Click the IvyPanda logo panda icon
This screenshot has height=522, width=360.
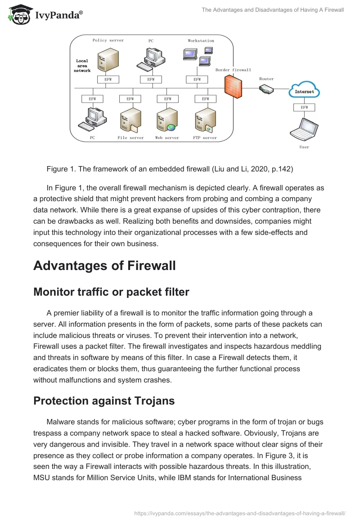pyautogui.click(x=18, y=13)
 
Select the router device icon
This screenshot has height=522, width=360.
pyautogui.click(x=266, y=89)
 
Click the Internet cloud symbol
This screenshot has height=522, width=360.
pyautogui.click(x=304, y=90)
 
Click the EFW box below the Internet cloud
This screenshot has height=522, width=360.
pyautogui.click(x=304, y=108)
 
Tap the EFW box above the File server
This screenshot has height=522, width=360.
pyautogui.click(x=130, y=99)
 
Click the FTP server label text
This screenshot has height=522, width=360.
pyautogui.click(x=205, y=138)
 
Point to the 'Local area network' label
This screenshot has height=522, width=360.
pyautogui.click(x=82, y=66)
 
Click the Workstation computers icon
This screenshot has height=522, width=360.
pyautogui.click(x=198, y=57)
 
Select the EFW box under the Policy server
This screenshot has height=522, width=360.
pyautogui.click(x=108, y=80)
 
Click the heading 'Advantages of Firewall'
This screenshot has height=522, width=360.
pyautogui.click(x=104, y=265)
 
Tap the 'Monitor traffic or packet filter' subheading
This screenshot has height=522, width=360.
pyautogui.click(x=111, y=292)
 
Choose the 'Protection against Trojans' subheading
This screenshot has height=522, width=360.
pyautogui.click(x=104, y=401)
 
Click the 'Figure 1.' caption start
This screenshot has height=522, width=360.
pyautogui.click(x=60, y=169)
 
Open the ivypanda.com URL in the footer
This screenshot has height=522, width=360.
pyautogui.click(x=240, y=513)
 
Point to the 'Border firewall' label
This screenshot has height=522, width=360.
pyautogui.click(x=233, y=70)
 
